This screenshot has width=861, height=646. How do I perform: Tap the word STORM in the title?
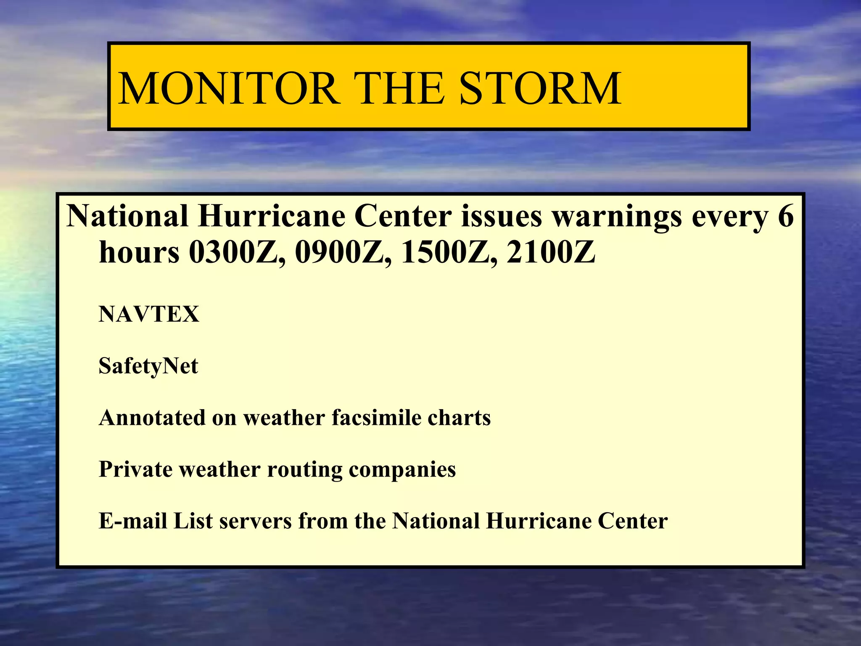pyautogui.click(x=540, y=89)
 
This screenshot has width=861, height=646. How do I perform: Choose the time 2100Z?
pyautogui.click(x=551, y=252)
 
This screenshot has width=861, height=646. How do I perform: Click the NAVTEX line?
pyautogui.click(x=149, y=314)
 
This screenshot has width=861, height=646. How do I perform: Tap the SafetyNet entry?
pyautogui.click(x=148, y=366)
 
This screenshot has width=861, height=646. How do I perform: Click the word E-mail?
pyautogui.click(x=133, y=521)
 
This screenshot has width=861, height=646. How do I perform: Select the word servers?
pyautogui.click(x=255, y=521)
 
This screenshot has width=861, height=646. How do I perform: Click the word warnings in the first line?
pyautogui.click(x=617, y=217)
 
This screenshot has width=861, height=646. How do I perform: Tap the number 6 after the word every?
pyautogui.click(x=786, y=216)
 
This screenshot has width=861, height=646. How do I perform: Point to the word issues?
pyautogui.click(x=502, y=216)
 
